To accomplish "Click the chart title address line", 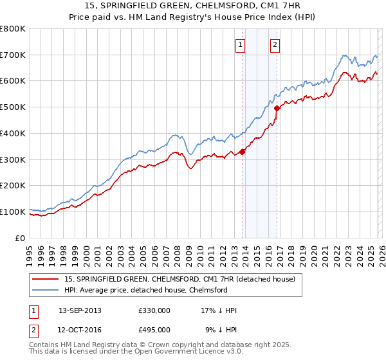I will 193,6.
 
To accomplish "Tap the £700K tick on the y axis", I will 13,55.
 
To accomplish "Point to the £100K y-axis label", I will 13,212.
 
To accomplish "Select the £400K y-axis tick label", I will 13,134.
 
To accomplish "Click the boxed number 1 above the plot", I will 240,44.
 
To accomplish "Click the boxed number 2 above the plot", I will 275,44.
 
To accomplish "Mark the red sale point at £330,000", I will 243,152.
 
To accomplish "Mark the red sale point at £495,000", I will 277,109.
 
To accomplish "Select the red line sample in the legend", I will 47,279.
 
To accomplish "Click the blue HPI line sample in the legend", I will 47,290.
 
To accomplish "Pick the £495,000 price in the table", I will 154,329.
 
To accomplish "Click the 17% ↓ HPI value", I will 219,310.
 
